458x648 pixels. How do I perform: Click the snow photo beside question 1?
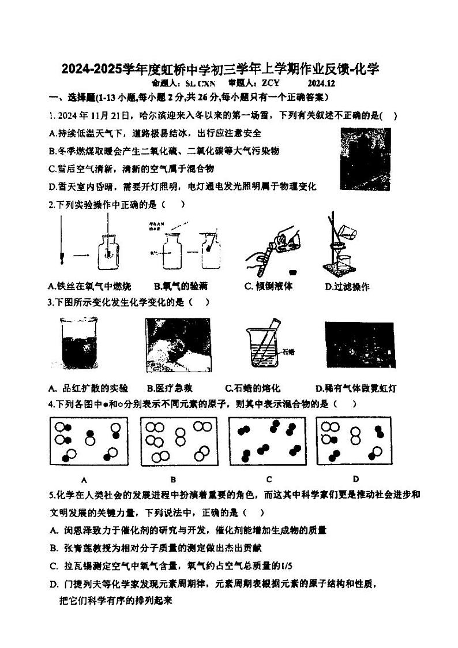point(365,159)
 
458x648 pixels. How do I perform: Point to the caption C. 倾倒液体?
point(268,286)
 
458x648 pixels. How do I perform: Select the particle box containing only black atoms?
point(268,442)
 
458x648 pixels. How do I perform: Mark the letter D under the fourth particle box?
point(356,478)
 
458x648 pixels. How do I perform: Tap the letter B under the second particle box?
point(173,479)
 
